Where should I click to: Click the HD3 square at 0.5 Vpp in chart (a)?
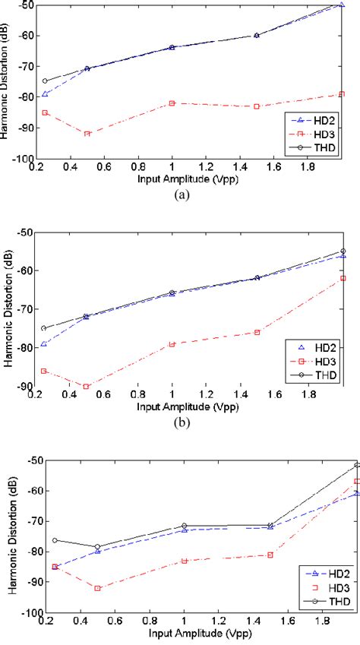(x=87, y=134)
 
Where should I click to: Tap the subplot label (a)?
(x=180, y=194)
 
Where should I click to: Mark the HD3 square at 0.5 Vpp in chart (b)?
(x=87, y=387)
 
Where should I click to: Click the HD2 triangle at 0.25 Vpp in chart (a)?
(x=45, y=94)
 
